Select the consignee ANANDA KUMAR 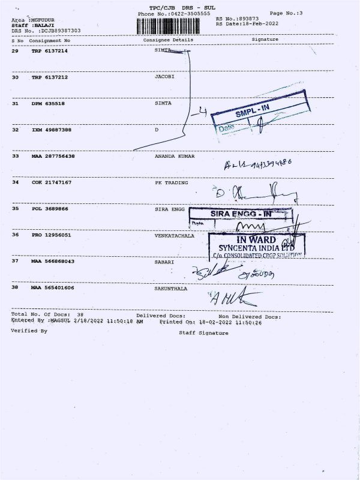click(175, 156)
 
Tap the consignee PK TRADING click(171, 182)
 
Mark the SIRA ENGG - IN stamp click(241, 214)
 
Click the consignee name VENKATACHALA click(174, 235)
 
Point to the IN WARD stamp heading click(256, 239)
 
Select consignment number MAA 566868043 click(53, 262)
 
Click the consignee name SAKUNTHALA click(171, 288)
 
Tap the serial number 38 click(15, 288)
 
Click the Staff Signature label click(203, 333)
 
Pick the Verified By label click(28, 331)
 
